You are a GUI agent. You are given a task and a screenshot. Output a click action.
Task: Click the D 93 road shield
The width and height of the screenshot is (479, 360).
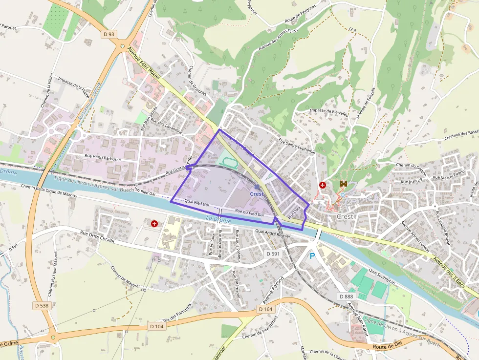(109, 34)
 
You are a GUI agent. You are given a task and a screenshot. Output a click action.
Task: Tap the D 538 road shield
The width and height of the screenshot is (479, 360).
(42, 305)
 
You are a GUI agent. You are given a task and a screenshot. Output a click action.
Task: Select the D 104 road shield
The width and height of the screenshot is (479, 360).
(157, 326)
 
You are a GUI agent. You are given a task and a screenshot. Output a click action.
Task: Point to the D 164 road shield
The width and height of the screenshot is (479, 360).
(265, 309)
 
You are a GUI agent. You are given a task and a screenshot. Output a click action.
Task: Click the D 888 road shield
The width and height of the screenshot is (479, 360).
(346, 296)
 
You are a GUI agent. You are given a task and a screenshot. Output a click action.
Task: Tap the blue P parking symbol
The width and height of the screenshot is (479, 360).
(312, 255)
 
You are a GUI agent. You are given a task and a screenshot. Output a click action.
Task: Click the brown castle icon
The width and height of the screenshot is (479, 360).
(343, 184)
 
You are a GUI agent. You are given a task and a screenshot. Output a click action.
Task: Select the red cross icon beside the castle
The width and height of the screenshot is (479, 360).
(323, 185)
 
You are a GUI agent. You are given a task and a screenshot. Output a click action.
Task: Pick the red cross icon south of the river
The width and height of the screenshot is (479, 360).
(154, 224)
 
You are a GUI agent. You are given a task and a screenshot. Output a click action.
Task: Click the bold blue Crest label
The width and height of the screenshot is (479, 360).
(257, 194)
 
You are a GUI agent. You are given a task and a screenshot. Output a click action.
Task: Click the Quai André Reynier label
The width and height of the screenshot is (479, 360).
(272, 235)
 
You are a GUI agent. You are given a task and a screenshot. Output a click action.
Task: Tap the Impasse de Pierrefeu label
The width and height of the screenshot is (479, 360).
(328, 112)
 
